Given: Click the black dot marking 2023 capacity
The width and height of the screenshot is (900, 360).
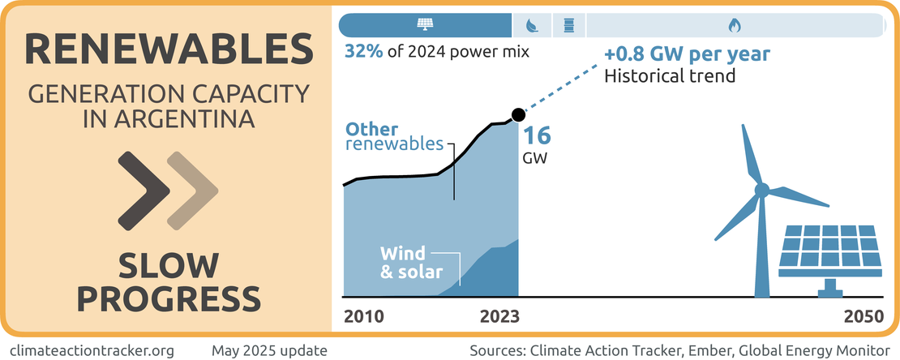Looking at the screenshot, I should (x=518, y=114).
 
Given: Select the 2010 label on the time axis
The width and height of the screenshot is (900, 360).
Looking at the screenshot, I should (x=363, y=316).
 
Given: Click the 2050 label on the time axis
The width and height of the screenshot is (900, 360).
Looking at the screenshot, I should (x=864, y=316).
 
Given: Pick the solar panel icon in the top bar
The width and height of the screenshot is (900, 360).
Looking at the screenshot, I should (x=425, y=25).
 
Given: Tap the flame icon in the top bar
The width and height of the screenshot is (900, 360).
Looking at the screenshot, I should (x=734, y=25).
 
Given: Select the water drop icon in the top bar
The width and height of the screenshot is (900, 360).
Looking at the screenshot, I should (x=532, y=25).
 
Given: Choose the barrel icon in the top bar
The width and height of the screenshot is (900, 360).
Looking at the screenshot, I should (x=568, y=25).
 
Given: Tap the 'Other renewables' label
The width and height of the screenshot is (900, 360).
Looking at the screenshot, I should (x=394, y=137).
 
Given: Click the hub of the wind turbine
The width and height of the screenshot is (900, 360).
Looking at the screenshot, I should (x=761, y=191).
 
